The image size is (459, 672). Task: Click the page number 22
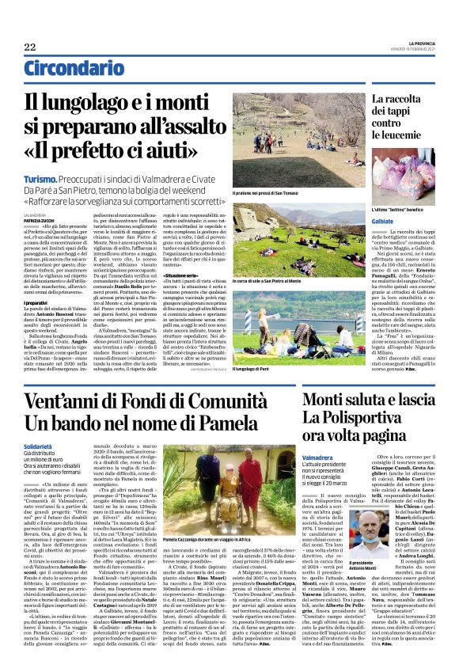pyautogui.click(x=29, y=47)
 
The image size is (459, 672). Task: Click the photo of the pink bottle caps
pyautogui.click(x=392, y=177)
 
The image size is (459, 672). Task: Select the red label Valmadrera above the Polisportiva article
pyautogui.click(x=342, y=457)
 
